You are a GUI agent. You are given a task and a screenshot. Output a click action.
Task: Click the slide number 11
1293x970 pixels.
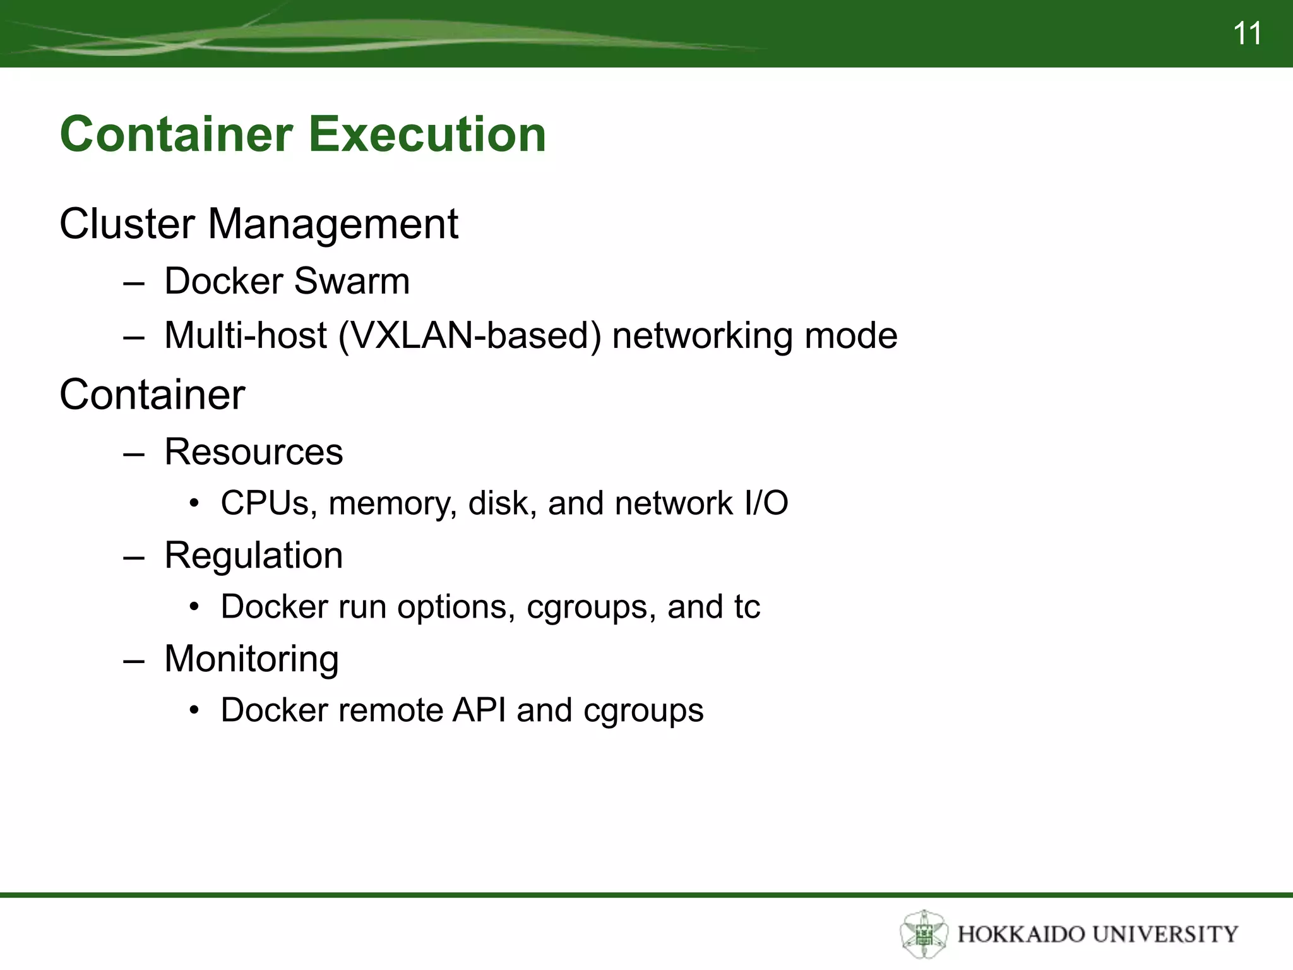pos(1247,33)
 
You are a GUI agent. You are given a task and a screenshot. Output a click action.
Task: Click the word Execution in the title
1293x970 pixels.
pos(427,135)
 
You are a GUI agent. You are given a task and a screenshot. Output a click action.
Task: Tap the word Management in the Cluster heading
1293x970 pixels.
pos(333,224)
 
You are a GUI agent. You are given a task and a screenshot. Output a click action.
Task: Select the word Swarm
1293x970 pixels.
pos(352,281)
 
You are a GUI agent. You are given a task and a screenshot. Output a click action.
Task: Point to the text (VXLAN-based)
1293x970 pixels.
pos(470,335)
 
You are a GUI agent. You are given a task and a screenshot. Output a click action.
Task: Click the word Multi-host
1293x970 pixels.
pos(245,335)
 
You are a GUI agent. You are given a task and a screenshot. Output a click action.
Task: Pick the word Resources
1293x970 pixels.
pos(253,452)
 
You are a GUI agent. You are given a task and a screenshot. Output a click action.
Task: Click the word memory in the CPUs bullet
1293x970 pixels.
pos(393,504)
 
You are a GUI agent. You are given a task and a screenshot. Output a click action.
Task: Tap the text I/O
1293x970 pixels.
pos(766,503)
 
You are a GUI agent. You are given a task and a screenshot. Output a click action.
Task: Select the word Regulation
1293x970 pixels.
pos(253,556)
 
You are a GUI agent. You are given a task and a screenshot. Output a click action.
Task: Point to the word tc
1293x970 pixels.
pos(747,608)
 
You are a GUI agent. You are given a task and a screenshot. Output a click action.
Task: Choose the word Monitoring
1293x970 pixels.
pos(251,659)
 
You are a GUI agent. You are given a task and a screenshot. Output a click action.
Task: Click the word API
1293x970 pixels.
pos(479,710)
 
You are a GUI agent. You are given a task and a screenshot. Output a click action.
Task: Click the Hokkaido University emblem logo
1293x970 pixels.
pos(924,933)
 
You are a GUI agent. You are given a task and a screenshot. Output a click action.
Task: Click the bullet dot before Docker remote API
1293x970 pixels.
pos(194,711)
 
